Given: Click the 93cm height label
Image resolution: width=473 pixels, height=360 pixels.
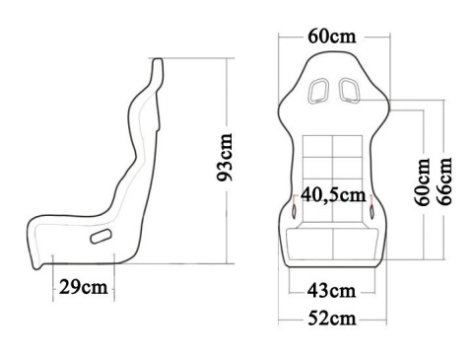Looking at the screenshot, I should click(226, 158).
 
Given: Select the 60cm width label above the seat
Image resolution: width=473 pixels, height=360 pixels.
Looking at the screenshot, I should click(331, 36).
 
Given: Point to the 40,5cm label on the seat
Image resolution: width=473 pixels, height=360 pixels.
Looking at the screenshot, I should click(332, 193).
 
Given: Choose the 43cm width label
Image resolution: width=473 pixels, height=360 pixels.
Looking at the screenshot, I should click(330, 290).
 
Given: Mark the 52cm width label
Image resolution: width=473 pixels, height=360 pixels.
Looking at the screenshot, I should click(330, 318).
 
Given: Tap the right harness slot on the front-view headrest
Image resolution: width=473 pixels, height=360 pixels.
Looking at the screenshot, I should click(348, 92).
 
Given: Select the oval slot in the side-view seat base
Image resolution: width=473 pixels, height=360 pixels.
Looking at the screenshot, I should click(101, 237).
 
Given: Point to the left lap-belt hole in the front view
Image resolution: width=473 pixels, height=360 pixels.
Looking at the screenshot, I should click(296, 210).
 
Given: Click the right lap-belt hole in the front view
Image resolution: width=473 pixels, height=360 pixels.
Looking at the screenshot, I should click(372, 210).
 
